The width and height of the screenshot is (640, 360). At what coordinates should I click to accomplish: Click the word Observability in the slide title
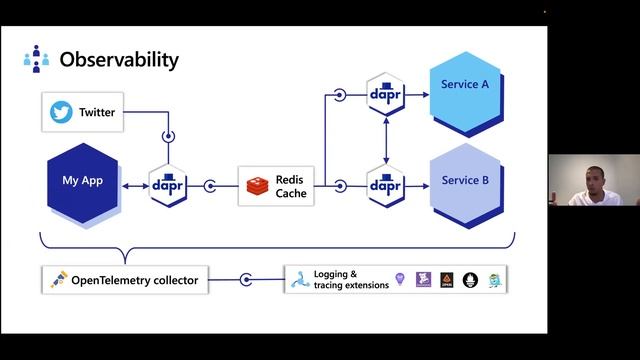click(x=119, y=59)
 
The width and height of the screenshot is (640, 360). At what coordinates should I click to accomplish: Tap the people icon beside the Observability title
click(x=36, y=59)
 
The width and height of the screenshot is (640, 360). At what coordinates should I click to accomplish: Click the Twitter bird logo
click(x=62, y=112)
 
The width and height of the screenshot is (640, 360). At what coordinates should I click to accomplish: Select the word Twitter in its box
click(x=97, y=112)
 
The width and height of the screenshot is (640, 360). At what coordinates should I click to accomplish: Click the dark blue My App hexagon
click(x=83, y=186)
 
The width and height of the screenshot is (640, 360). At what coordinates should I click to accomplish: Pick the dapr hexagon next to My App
click(x=167, y=185)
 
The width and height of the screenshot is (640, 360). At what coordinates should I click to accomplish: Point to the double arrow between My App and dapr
click(x=134, y=185)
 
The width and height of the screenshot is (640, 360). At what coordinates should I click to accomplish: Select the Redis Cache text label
click(x=292, y=186)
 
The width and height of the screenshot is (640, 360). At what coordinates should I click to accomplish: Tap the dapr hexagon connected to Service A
click(x=385, y=96)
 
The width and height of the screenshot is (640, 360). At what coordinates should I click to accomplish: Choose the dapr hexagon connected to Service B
click(x=385, y=185)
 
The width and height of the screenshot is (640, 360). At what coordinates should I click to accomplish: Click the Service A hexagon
click(x=465, y=86)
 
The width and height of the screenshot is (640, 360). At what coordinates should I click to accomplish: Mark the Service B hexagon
click(x=465, y=182)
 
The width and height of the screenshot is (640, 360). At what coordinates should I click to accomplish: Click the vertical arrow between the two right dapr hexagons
click(x=385, y=140)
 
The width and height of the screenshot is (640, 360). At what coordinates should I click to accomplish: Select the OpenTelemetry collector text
click(x=135, y=281)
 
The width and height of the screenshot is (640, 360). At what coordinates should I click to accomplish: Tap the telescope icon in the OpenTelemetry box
click(x=58, y=281)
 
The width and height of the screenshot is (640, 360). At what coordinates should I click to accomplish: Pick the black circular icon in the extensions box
click(x=470, y=281)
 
